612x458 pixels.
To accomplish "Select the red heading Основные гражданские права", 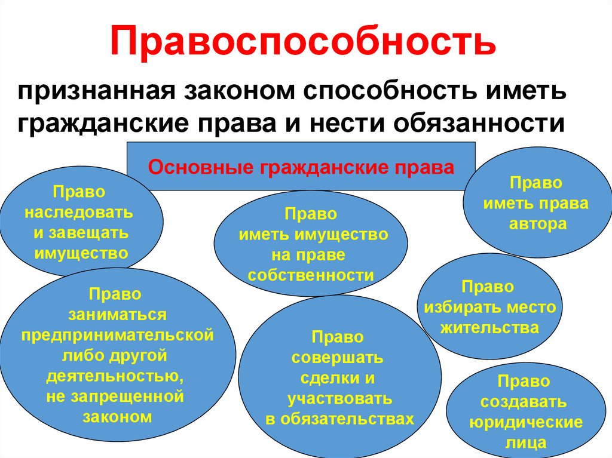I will pyautogui.click(x=301, y=167).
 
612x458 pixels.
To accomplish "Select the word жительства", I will pyautogui.click(x=489, y=328).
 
